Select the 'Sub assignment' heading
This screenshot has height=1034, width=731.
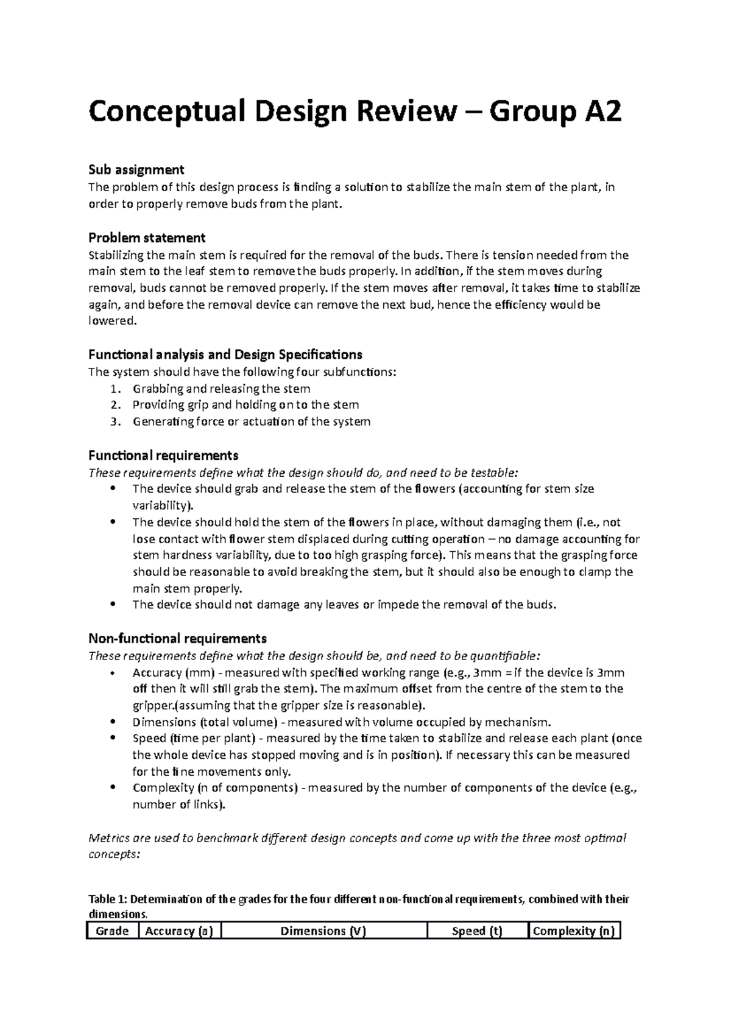coord(136,169)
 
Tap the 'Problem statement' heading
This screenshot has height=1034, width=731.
coord(147,237)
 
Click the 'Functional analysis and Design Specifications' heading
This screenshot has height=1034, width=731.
coord(225,354)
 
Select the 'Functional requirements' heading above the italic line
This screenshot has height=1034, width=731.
coord(163,455)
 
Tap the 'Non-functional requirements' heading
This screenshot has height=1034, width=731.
coord(177,639)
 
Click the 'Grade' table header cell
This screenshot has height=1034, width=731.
coord(113,930)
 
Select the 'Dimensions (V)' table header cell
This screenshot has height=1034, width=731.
coord(323,930)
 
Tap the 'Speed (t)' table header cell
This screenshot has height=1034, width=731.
coord(477,930)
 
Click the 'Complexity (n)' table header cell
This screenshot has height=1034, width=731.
coord(573,930)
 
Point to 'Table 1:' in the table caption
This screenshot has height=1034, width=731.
coord(108,899)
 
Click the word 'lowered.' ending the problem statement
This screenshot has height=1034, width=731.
coord(110,321)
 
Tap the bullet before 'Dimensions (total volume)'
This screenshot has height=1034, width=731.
coord(113,722)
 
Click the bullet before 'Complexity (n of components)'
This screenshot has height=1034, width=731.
coord(113,788)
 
